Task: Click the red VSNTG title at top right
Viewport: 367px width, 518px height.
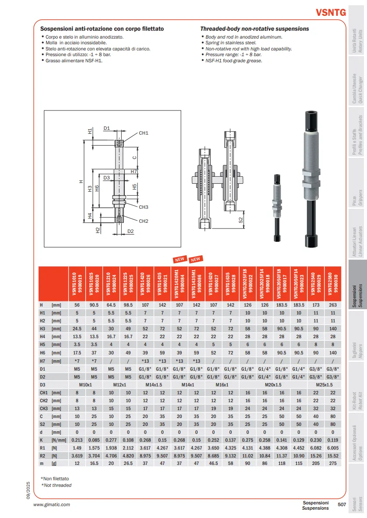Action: (x=331, y=13)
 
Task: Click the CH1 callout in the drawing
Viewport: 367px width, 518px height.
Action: (x=144, y=133)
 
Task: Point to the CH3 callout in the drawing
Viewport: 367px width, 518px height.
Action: (x=144, y=207)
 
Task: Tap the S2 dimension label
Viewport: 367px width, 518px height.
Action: (x=241, y=219)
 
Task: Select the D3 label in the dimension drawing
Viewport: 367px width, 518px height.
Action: (x=107, y=178)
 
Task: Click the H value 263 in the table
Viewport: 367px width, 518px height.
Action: (x=333, y=305)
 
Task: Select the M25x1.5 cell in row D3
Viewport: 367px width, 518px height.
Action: (x=324, y=385)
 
